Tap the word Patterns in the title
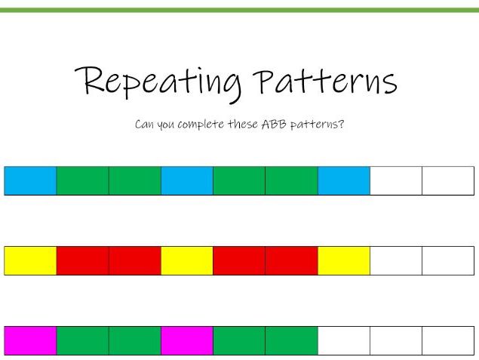tap(324, 80)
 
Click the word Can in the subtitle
tap(144, 124)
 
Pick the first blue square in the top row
tap(30, 180)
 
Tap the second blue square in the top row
tap(187, 180)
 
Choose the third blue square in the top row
tap(344, 180)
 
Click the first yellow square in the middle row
tap(30, 260)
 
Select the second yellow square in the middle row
tap(187, 260)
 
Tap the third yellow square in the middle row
tap(344, 260)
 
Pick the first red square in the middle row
tap(82, 260)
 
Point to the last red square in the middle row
tap(291, 260)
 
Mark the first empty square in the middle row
tap(396, 260)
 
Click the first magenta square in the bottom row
tap(30, 340)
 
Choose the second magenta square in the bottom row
tap(187, 340)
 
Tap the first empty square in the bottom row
tap(344, 340)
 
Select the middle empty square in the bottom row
tap(396, 340)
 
